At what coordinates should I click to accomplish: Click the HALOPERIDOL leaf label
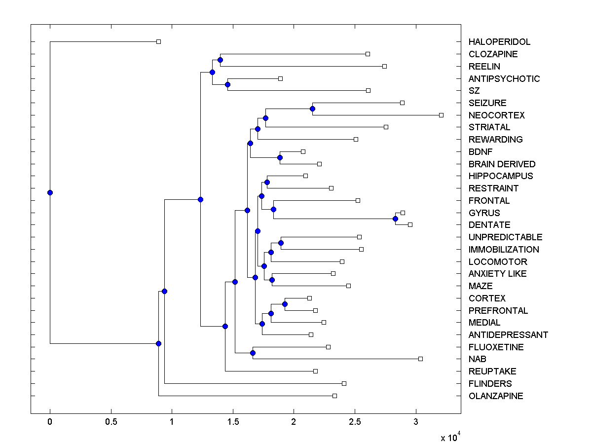click(x=499, y=42)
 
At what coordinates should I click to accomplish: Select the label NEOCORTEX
click(x=496, y=115)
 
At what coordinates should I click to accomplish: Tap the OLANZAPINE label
click(x=496, y=396)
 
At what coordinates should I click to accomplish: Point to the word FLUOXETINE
click(x=496, y=347)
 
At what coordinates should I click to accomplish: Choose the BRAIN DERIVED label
click(x=502, y=164)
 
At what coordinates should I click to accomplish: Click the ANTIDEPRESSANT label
click(x=508, y=335)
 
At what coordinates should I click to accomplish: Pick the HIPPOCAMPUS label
click(x=501, y=176)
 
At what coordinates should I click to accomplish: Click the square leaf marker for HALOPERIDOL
click(x=158, y=42)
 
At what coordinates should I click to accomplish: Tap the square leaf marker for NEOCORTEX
click(x=441, y=115)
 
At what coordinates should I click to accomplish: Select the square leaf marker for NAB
click(x=420, y=359)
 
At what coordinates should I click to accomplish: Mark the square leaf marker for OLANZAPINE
click(x=334, y=396)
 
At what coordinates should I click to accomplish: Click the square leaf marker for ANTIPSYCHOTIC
click(x=280, y=78)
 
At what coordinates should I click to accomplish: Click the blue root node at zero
click(x=50, y=192)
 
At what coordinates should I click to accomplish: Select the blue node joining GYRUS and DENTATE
click(x=395, y=219)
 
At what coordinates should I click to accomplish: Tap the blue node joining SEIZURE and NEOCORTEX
click(x=312, y=109)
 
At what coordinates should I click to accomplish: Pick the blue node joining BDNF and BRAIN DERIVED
click(x=280, y=158)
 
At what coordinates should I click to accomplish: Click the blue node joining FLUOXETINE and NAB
click(x=253, y=353)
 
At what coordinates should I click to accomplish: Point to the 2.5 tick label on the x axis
click(x=354, y=422)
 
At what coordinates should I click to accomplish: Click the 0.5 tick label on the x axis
click(x=111, y=422)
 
